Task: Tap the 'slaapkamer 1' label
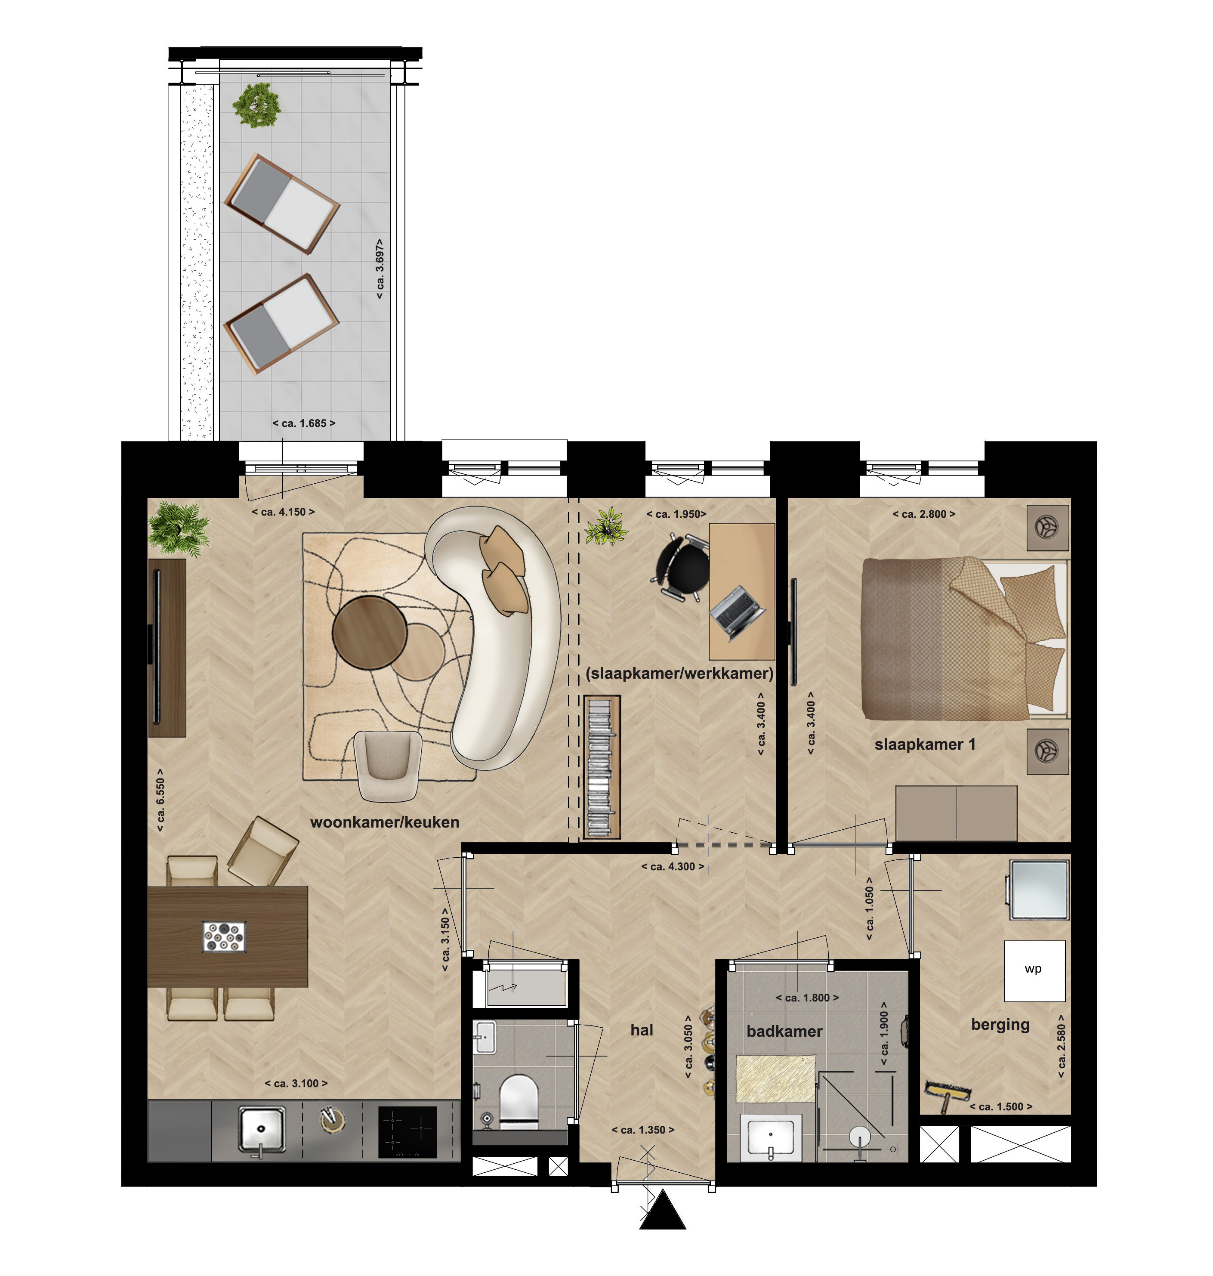click(x=925, y=745)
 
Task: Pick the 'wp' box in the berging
click(x=1034, y=971)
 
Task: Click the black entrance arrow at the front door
click(x=663, y=1211)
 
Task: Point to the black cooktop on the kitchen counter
click(x=407, y=1132)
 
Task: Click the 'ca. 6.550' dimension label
click(x=160, y=800)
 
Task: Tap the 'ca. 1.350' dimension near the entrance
click(x=643, y=1130)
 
